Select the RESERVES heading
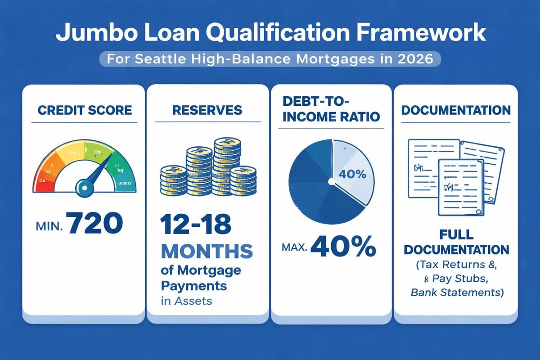pyautogui.click(x=207, y=110)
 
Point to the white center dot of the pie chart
pyautogui.click(x=332, y=181)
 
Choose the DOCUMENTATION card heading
pyautogui.click(x=456, y=110)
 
